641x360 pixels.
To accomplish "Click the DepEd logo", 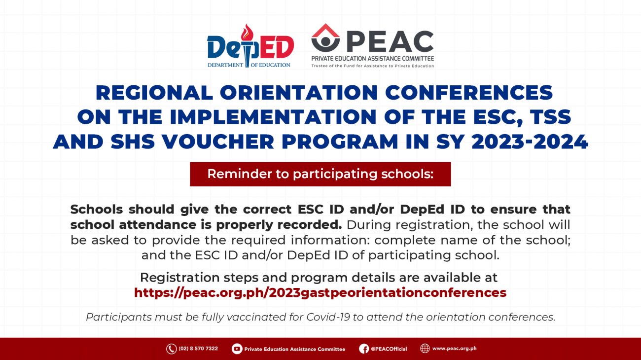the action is click(250, 46).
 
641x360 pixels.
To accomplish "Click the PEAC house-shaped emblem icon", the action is click(325, 38).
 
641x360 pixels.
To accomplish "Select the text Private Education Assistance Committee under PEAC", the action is click(373, 59).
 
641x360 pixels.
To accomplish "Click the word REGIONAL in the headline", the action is click(154, 93).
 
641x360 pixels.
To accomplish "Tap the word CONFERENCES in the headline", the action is click(469, 93).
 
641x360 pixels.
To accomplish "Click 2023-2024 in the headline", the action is click(530, 142).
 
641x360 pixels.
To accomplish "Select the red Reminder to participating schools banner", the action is click(320, 174).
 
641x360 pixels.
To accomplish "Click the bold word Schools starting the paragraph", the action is click(97, 210).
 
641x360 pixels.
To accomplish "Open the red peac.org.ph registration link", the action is click(320, 292).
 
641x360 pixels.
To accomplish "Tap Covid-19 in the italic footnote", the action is click(328, 317).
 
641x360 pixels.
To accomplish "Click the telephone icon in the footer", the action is click(171, 349).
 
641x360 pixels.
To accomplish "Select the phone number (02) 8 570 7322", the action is click(198, 349).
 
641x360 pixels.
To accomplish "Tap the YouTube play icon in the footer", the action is click(237, 349).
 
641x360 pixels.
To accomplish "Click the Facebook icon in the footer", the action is click(364, 349).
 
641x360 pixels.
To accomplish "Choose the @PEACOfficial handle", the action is click(389, 349).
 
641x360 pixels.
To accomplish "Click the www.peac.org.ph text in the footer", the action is click(455, 349).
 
